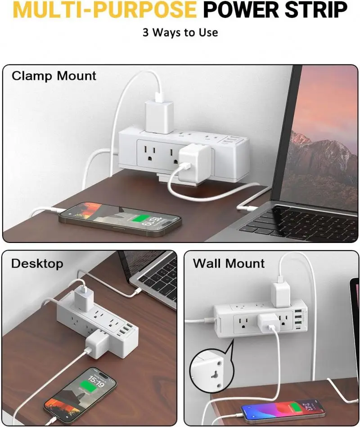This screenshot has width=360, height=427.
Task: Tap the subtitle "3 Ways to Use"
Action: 180,32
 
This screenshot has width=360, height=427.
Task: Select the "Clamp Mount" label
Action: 54,76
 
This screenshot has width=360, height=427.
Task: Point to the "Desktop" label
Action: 37,264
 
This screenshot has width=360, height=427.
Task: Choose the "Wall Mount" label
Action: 229,264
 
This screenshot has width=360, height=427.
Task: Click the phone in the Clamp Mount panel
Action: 120,219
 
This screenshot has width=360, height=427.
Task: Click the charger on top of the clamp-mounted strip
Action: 159,116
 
